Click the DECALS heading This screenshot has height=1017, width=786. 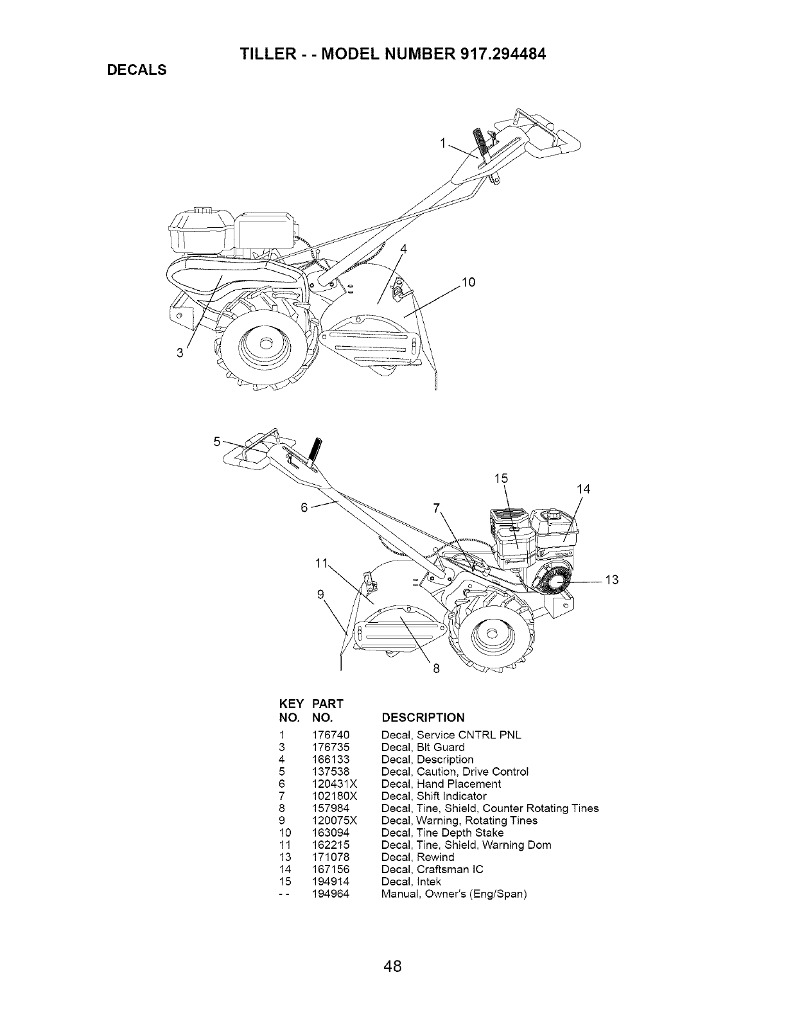pos(136,70)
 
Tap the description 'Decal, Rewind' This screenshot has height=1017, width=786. pos(417,857)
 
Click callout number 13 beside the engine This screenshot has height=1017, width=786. pos(612,581)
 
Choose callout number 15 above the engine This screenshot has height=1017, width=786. pos(501,478)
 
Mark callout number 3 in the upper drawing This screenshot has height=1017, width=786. pos(182,352)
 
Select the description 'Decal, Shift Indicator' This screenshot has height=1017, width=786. pos(433,796)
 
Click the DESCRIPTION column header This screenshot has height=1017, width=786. pos(423,717)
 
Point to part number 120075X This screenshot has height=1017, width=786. pos(333,821)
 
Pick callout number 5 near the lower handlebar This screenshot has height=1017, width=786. pos(218,441)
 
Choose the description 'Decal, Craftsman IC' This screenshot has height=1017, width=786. pos(432,869)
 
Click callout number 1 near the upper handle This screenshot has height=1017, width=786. pos(443,144)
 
